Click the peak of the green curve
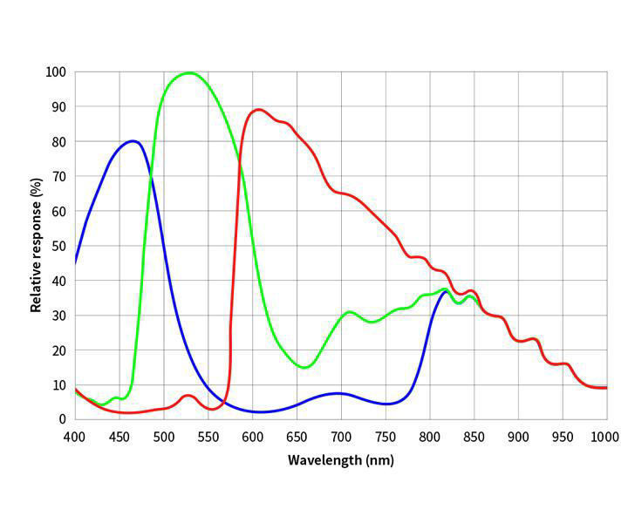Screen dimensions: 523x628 [x=190, y=72]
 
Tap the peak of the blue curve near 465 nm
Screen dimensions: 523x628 [x=133, y=141]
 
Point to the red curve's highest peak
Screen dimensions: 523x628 [x=258, y=110]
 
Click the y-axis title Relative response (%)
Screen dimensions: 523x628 [x=36, y=245]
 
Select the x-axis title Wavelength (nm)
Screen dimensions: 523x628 [x=341, y=458]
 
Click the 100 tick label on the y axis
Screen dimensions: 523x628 [x=57, y=71]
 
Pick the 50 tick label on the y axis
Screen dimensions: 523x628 [x=59, y=246]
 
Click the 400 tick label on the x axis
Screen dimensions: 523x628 [x=75, y=436]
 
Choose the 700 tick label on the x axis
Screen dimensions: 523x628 [x=341, y=436]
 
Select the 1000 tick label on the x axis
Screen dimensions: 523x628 [x=606, y=436]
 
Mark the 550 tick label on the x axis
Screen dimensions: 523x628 [x=208, y=436]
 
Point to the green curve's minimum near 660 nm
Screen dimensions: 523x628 [x=304, y=367]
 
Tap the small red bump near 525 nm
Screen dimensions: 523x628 [x=188, y=396]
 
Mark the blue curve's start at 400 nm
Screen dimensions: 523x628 [x=76, y=261]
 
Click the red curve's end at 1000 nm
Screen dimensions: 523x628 [x=606, y=387]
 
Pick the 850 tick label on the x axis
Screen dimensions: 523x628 [x=474, y=436]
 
